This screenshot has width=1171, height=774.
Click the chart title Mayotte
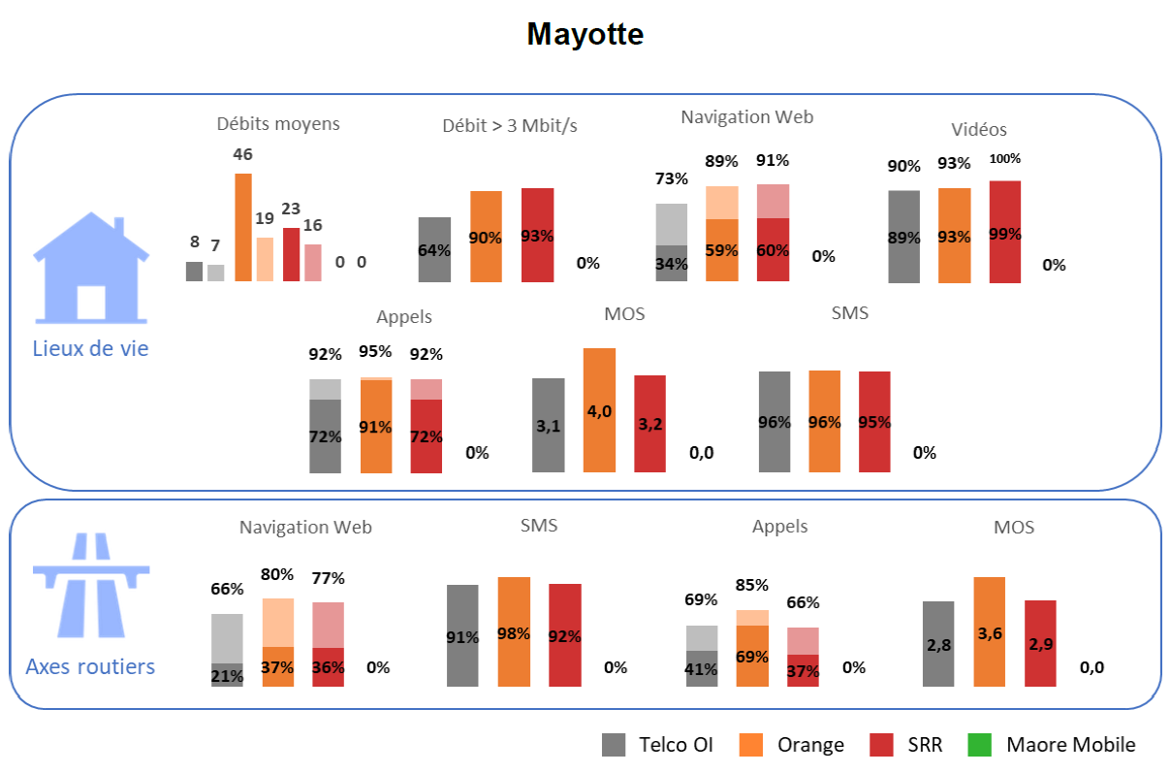tap(585, 34)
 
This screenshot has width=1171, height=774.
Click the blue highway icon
tap(91, 587)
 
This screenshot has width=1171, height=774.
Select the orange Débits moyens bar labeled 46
tap(242, 227)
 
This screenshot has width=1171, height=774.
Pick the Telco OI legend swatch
tap(614, 745)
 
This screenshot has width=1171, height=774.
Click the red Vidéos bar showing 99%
tap(1004, 232)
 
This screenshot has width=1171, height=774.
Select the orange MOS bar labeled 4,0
tap(599, 410)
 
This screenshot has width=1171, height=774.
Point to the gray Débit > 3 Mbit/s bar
tap(434, 249)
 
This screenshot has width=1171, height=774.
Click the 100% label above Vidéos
tap(1004, 159)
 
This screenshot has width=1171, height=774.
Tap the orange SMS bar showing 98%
tap(514, 631)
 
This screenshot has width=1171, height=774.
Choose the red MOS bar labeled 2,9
tap(1040, 643)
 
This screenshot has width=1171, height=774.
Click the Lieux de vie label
tap(91, 348)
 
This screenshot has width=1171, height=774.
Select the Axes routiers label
tap(90, 666)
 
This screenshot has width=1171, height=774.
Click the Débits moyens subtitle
tap(278, 123)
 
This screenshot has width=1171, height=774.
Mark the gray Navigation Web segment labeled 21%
tap(227, 675)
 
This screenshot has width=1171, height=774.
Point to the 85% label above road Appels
tap(752, 585)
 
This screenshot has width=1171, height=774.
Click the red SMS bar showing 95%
tap(874, 422)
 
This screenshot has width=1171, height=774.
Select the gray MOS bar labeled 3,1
tap(549, 425)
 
